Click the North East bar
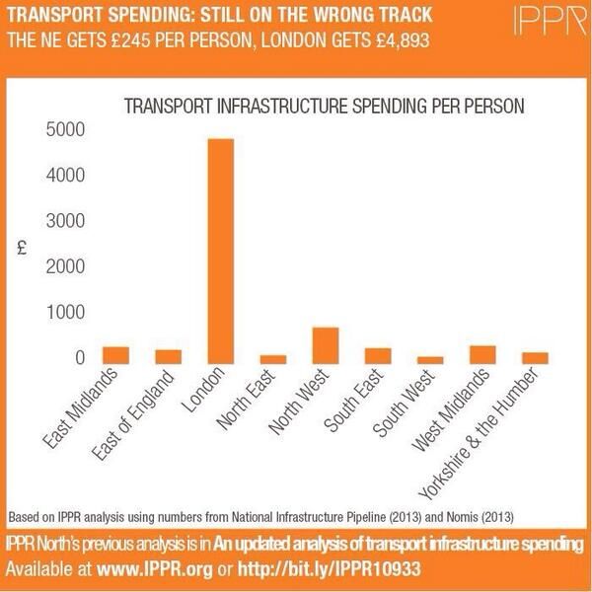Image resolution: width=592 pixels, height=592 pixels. (273, 360)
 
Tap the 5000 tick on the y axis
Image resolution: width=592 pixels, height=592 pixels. (62, 130)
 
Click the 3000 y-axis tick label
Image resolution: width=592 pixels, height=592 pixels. (62, 221)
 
